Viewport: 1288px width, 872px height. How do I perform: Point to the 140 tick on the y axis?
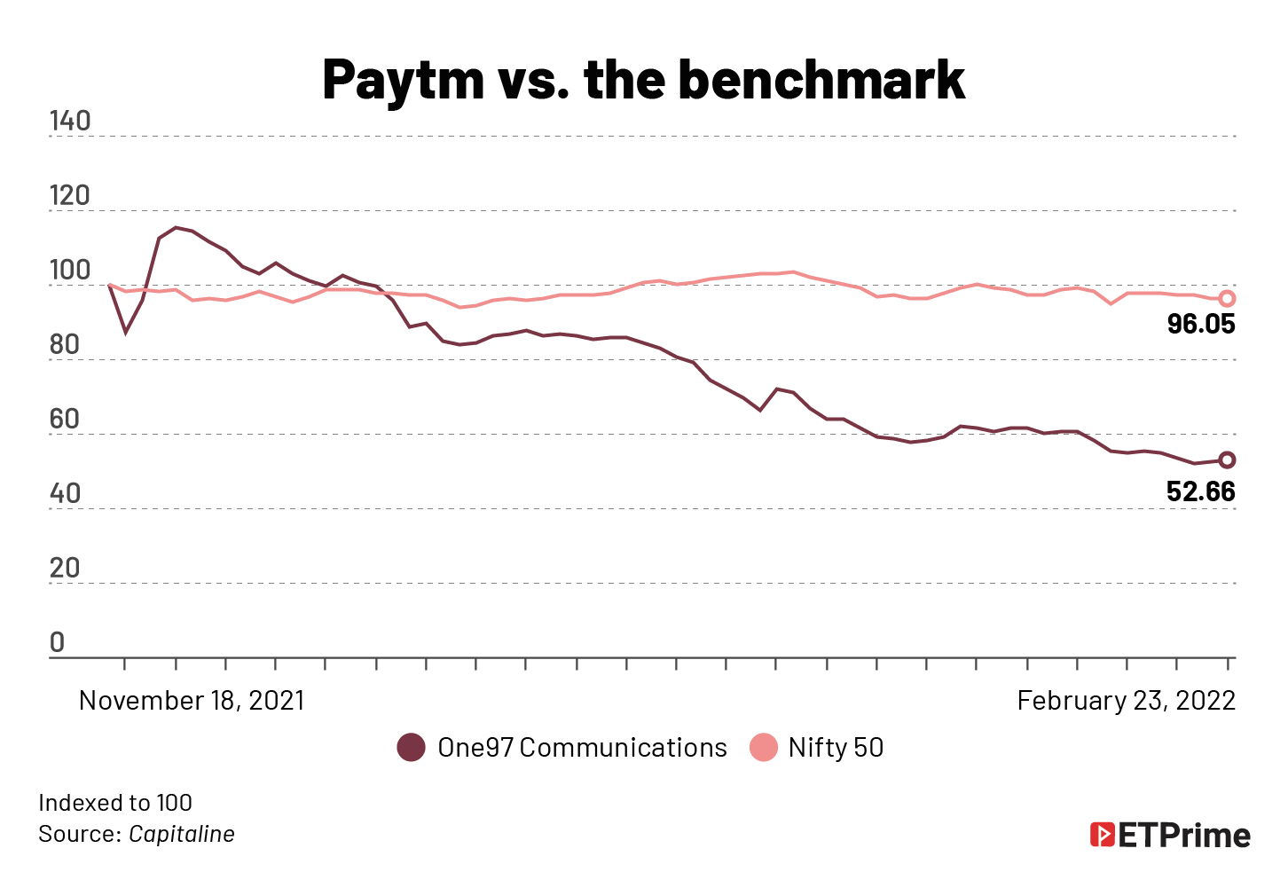(70, 122)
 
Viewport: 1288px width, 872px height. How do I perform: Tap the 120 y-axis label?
(70, 196)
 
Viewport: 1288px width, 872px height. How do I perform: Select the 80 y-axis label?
(64, 345)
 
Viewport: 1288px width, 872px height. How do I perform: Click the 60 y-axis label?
(64, 420)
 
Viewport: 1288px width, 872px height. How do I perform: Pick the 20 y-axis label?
(64, 569)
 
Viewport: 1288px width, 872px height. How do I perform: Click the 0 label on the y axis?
(57, 643)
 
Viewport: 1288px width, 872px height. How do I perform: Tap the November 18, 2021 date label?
(192, 701)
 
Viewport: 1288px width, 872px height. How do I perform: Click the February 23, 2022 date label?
(1126, 701)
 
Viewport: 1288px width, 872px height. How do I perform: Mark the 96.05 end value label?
(1201, 325)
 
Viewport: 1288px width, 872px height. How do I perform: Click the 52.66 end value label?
(1201, 492)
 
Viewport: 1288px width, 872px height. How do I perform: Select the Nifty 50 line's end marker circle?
(1227, 299)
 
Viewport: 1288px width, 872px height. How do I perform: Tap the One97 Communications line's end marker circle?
(1227, 460)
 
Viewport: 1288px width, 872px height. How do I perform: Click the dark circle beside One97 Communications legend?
(411, 748)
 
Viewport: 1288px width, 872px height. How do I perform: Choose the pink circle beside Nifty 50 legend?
(763, 748)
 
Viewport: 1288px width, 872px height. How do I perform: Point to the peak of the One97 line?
(176, 228)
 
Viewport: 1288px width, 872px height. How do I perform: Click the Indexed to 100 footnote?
(115, 803)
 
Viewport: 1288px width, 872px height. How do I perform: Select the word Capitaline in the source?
(182, 835)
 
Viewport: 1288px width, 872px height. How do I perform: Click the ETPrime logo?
(1170, 836)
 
